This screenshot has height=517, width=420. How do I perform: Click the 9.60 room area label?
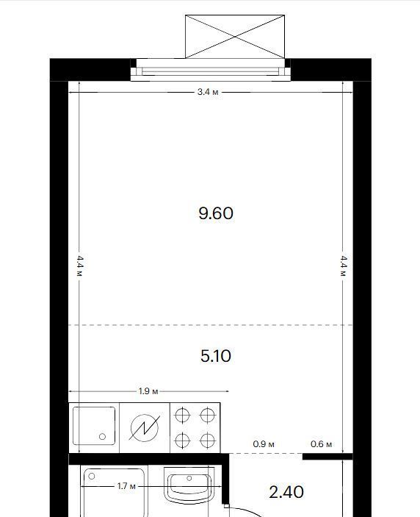(x=216, y=213)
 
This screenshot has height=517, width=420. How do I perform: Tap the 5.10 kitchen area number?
(x=216, y=356)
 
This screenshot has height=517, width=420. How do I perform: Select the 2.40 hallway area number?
(x=286, y=492)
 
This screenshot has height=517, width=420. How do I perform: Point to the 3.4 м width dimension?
(x=208, y=92)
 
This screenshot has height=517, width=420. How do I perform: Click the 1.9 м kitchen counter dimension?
(x=148, y=391)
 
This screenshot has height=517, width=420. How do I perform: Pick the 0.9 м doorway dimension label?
(x=264, y=444)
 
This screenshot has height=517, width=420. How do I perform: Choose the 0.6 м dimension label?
(x=321, y=444)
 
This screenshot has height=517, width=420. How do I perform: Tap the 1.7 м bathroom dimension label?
(x=126, y=486)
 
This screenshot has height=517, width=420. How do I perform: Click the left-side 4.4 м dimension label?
(x=80, y=266)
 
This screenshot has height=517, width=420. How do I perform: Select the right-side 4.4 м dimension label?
(x=344, y=266)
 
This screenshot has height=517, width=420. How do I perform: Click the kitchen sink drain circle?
(x=102, y=437)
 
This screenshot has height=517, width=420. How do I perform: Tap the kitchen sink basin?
(x=94, y=426)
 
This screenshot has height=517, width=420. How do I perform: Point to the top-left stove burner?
(x=182, y=415)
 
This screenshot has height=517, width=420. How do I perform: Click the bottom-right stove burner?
(x=207, y=441)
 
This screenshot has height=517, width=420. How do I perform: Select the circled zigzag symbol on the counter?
(x=145, y=427)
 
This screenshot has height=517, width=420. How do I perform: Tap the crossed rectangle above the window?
(x=235, y=37)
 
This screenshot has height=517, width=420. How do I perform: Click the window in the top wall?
(x=211, y=70)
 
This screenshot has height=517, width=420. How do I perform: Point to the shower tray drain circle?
(x=92, y=476)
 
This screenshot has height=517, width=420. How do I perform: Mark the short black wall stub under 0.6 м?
(x=327, y=457)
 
